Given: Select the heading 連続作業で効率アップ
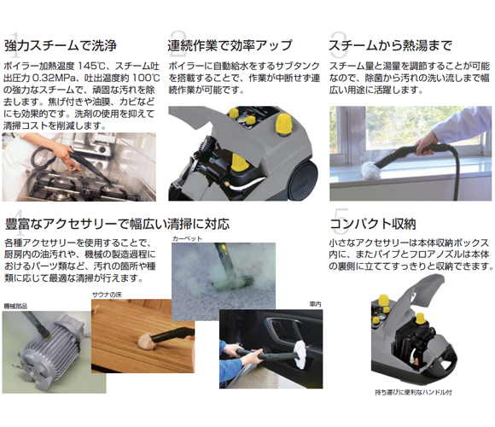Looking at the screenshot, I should pos(230,45).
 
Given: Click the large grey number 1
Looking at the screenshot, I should pos(10,38).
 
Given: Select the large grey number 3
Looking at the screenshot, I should pos(339,38).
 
